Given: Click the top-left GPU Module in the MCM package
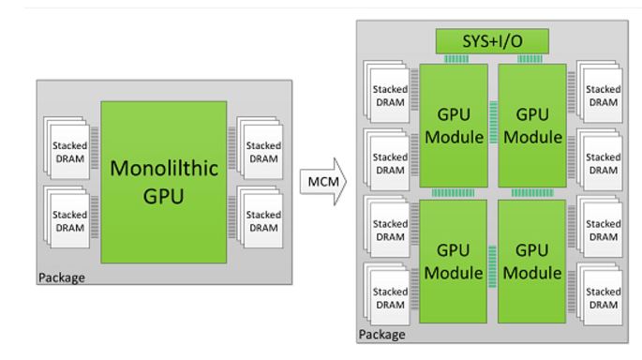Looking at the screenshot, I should click(x=454, y=123).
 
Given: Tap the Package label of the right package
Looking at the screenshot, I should click(x=384, y=334).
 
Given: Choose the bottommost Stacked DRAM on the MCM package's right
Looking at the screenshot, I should click(x=602, y=298).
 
